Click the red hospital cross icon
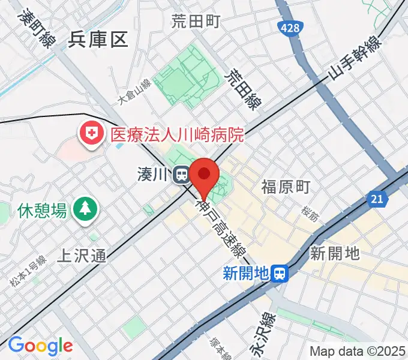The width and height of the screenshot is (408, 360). coord(92,133)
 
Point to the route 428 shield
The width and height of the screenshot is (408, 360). coord(290,28)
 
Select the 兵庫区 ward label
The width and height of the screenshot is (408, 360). coord(98,40)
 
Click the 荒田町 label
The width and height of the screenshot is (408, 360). coord(196,22)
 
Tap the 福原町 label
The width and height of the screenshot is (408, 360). coord(285,187)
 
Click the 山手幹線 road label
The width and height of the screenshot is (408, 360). coord(355,58)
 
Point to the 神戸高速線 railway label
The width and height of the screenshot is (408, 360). coord(221,227)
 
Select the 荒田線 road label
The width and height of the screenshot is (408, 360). coord(241,89)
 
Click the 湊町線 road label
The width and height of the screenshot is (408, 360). coord(35,27)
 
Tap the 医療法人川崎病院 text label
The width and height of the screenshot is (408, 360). coord(177,133)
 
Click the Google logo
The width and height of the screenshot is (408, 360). coord(40,346)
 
